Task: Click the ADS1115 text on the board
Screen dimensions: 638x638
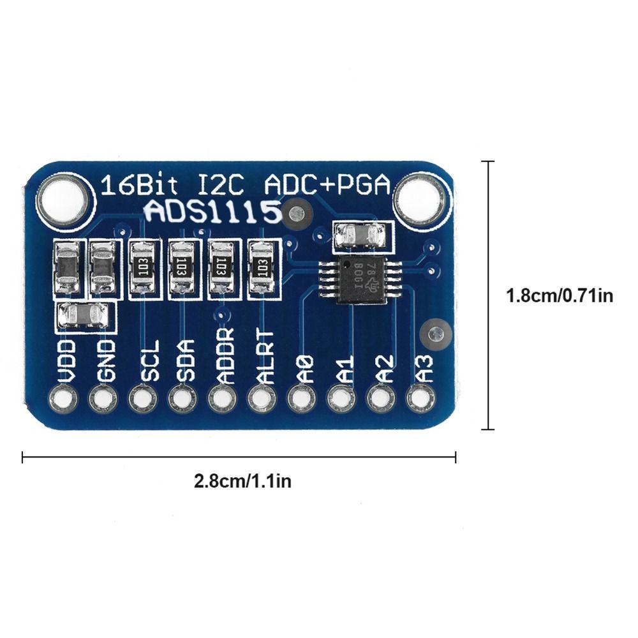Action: [x=212, y=212]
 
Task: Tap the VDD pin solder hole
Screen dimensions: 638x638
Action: [x=66, y=399]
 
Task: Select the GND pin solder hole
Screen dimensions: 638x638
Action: [x=104, y=399]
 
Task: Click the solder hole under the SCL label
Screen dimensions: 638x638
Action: [x=142, y=399]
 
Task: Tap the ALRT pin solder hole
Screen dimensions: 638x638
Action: [x=261, y=399]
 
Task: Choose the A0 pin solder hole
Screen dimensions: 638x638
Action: [x=300, y=399]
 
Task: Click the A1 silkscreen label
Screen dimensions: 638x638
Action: [x=345, y=370]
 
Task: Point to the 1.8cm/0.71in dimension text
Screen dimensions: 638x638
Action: [x=560, y=296]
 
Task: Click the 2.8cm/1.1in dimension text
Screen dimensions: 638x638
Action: [x=242, y=480]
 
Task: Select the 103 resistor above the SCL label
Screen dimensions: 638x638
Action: [x=142, y=268]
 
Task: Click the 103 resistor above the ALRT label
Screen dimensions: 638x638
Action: [x=260, y=268]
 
